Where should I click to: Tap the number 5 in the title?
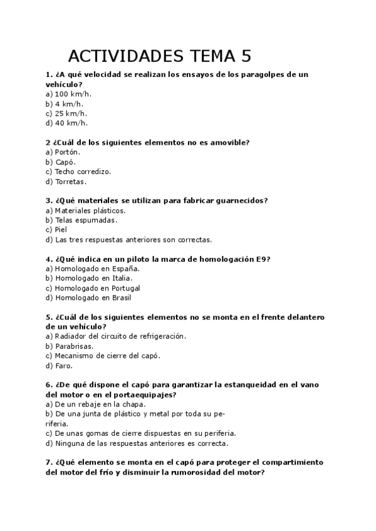(x=245, y=56)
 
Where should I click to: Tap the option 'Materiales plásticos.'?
(x=85, y=210)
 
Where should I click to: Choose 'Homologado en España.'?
(x=92, y=269)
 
